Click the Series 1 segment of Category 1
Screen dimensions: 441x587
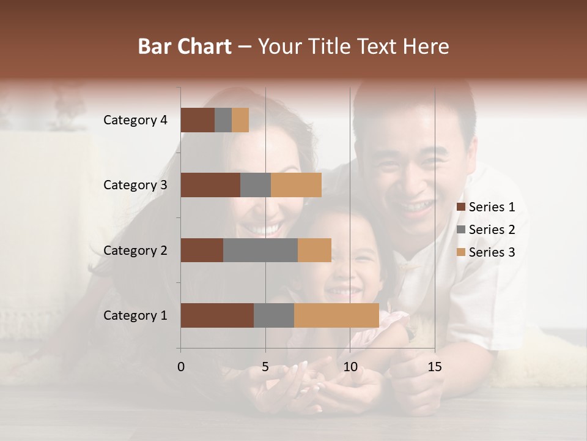(217, 315)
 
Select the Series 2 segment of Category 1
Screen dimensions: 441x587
(274, 315)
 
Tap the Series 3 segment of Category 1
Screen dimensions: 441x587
(336, 315)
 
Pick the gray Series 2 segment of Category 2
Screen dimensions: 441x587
(260, 250)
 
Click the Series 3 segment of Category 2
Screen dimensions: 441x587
(314, 250)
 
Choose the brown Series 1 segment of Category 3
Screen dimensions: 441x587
(210, 185)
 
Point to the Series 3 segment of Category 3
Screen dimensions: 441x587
(296, 185)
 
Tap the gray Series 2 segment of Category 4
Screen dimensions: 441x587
(223, 120)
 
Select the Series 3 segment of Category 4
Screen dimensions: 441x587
(240, 120)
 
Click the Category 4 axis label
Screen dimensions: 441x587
(135, 120)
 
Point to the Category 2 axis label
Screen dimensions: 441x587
(135, 250)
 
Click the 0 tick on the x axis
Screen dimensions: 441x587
(181, 367)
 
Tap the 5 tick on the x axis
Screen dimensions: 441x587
(265, 367)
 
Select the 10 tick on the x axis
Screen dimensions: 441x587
(350, 367)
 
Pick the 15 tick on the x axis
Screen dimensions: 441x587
(435, 367)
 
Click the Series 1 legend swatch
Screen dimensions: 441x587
(461, 207)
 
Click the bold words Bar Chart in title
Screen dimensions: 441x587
(185, 47)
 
